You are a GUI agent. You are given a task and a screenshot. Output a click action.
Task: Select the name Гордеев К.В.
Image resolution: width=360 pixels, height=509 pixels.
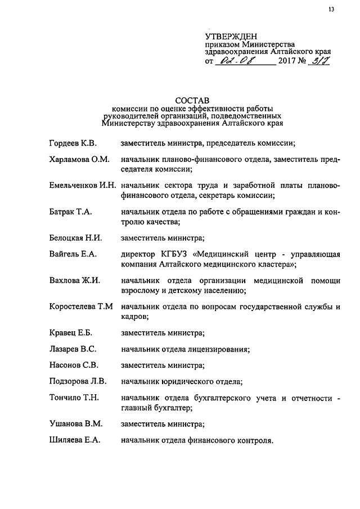(x=74, y=145)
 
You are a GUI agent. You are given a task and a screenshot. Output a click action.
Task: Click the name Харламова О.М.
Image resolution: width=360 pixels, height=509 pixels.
(x=79, y=160)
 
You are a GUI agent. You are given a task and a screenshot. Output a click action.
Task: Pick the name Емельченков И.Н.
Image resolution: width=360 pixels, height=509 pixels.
(x=82, y=185)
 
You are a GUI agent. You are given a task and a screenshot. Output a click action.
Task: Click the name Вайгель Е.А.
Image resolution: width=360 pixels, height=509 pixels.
(x=73, y=254)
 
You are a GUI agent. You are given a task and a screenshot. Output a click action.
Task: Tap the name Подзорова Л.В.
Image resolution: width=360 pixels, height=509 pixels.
(x=78, y=381)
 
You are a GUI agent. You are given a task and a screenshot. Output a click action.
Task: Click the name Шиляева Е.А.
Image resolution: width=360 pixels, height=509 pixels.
(x=75, y=440)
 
